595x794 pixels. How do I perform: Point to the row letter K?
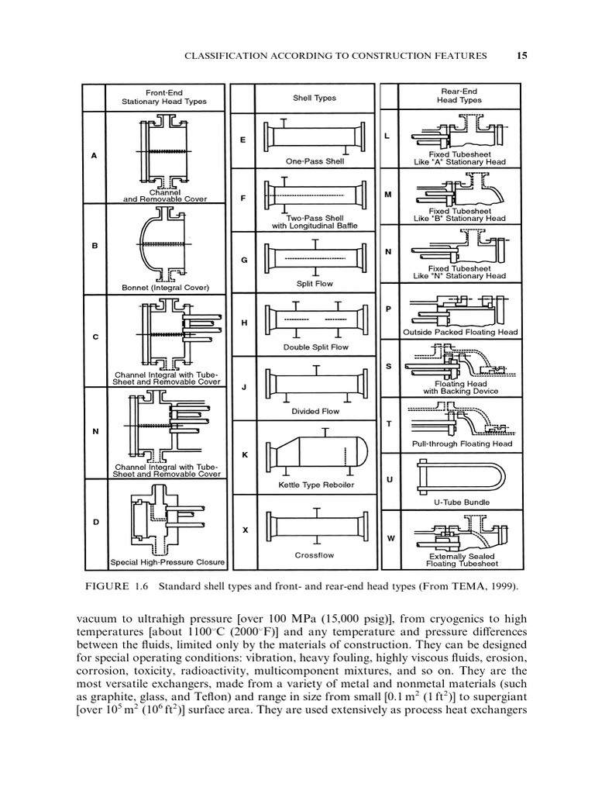244,454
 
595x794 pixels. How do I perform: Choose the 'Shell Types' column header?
314,98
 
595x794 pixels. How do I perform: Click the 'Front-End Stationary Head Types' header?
163,97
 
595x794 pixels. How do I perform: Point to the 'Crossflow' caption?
314,555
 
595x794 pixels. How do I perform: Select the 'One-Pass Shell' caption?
314,162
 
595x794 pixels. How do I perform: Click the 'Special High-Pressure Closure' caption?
167,562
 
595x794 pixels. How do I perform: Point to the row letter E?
243,140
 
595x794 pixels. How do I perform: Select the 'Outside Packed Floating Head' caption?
460,333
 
